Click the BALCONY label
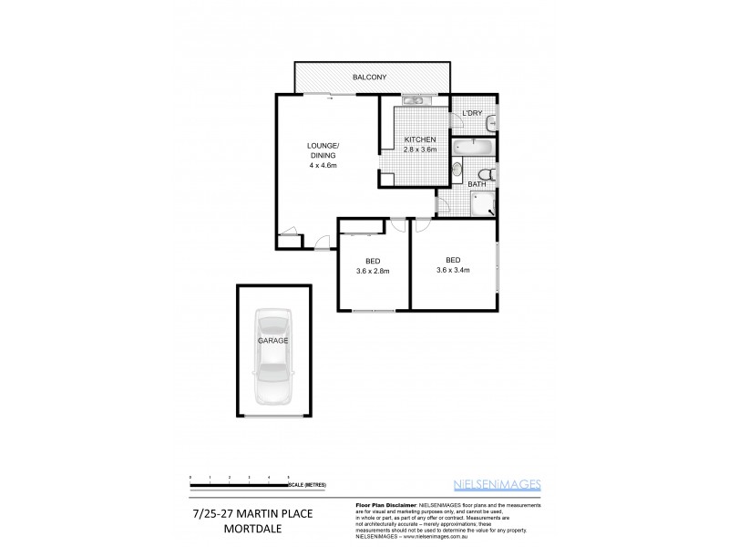(372, 77)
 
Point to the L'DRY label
(472, 113)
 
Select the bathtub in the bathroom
(474, 147)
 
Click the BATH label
(477, 185)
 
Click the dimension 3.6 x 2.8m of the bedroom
(374, 270)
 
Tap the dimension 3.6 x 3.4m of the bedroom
(453, 269)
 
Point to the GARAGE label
(272, 340)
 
